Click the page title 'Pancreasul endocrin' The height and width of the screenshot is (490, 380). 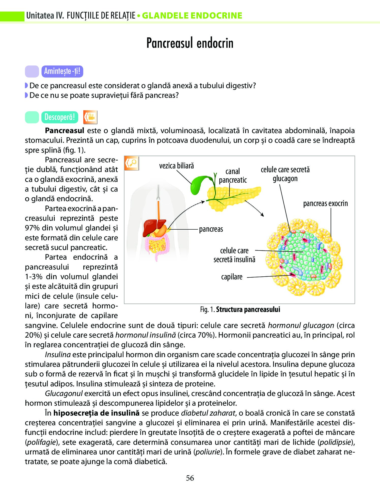[190, 43]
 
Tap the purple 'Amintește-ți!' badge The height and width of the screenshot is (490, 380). [62, 71]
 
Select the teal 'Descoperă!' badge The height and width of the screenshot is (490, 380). [60, 117]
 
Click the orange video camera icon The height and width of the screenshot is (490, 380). [90, 117]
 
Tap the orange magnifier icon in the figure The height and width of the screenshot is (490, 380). [132, 163]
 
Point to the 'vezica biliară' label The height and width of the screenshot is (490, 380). [176, 166]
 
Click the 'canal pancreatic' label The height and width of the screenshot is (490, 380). [233, 176]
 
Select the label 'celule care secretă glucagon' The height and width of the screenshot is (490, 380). [285, 174]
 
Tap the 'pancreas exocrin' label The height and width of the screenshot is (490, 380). [325, 203]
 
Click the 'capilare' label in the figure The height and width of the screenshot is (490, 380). [232, 277]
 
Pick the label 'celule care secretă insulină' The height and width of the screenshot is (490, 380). [234, 255]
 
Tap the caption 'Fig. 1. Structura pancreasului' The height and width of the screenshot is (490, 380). [240, 309]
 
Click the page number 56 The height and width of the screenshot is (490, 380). [190, 478]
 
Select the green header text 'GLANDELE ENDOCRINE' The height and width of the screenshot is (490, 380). [192, 16]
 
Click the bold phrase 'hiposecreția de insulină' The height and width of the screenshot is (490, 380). [96, 413]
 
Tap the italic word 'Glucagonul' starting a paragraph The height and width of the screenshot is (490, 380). [64, 393]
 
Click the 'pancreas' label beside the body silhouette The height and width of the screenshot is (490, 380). [211, 229]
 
